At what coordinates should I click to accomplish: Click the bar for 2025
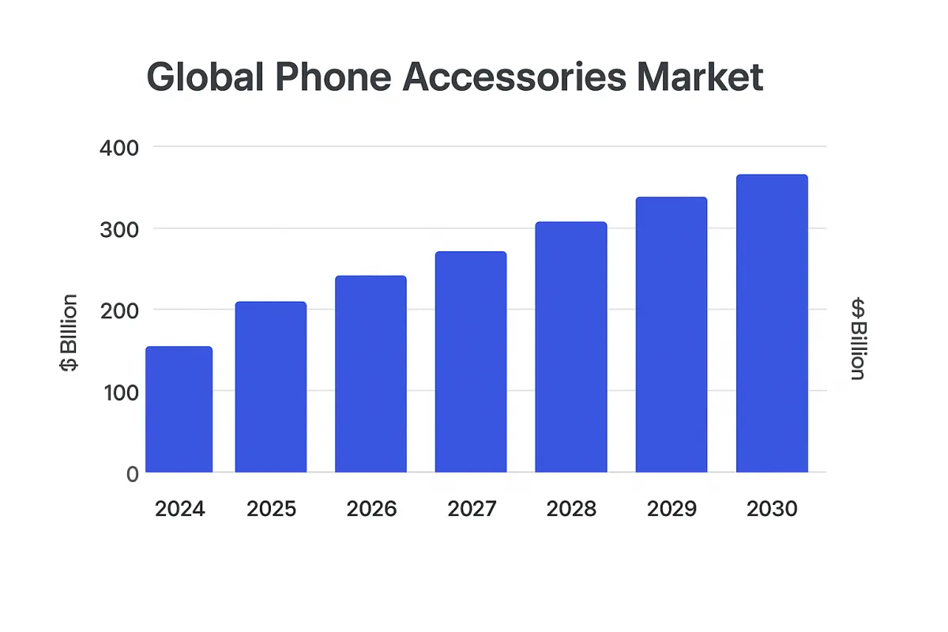point(270,387)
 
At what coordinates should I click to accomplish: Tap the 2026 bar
point(371,374)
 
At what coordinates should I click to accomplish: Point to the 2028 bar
point(570,348)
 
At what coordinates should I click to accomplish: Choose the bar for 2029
point(671,335)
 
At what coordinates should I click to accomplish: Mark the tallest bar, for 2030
point(772,324)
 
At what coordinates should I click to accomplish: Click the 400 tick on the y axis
point(120,147)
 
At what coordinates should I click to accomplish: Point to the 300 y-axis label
point(120,229)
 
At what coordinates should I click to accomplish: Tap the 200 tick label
point(120,310)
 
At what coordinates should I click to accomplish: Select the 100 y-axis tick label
point(120,391)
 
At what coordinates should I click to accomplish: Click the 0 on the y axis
point(132,473)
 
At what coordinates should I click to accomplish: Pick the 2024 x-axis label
point(179,510)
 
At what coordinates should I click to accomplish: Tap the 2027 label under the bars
point(472,510)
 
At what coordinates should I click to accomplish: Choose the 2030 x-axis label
point(772,510)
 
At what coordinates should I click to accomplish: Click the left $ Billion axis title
point(70,333)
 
